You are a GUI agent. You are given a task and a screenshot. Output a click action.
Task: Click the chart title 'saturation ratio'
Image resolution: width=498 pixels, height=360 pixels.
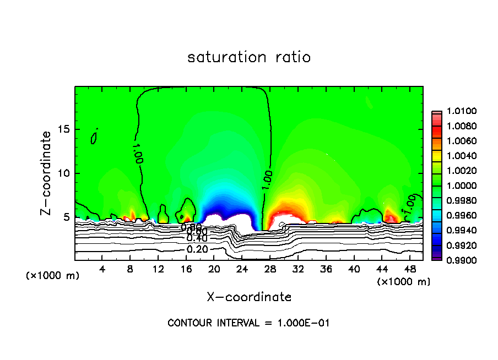[x=249, y=57]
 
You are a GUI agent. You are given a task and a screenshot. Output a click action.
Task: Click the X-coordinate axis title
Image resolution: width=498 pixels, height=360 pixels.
[x=249, y=297]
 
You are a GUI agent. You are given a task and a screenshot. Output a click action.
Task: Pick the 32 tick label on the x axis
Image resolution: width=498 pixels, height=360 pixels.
[x=298, y=269]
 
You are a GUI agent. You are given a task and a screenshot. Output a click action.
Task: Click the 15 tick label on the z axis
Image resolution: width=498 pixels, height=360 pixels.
[x=63, y=129]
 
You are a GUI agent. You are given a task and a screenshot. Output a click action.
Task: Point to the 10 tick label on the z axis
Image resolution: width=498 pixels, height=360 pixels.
[x=63, y=173]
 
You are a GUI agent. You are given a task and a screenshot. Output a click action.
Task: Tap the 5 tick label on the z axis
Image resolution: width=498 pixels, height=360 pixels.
[x=66, y=217]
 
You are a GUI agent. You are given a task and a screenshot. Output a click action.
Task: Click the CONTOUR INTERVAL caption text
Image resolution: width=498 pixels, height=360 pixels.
[x=248, y=323]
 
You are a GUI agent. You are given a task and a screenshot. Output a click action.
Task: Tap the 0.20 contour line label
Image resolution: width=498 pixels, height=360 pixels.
[x=197, y=249]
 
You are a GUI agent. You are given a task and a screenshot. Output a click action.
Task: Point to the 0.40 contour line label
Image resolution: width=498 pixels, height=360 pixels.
[x=197, y=238]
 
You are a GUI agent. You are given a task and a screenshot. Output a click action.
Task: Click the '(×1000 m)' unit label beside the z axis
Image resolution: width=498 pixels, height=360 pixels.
[x=52, y=275]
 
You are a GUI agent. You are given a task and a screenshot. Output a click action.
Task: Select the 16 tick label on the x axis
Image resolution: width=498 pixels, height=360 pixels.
[x=186, y=269]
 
